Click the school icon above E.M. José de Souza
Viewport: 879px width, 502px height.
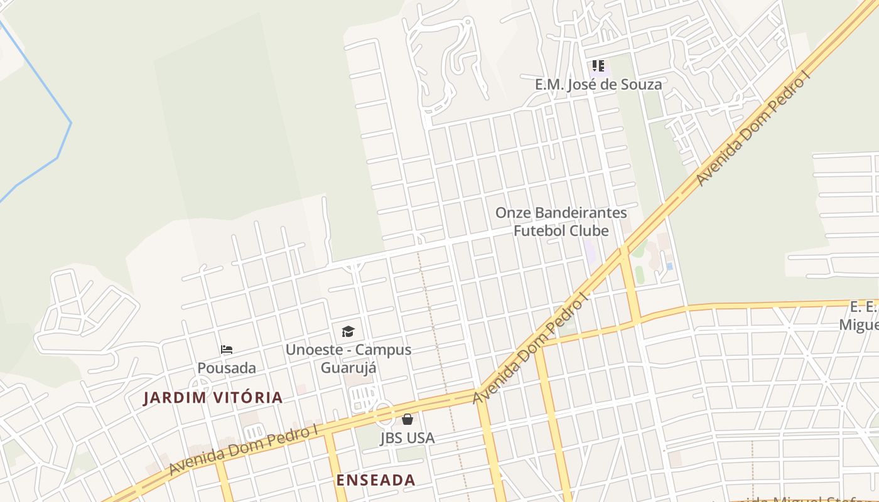pos(598,66)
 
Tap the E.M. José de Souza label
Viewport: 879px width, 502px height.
pos(598,84)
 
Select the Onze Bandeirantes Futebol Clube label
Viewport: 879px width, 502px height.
pos(561,222)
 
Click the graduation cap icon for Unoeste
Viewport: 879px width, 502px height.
pos(348,331)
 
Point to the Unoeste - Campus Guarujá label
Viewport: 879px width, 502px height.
pos(348,358)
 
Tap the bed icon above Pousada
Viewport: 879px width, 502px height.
pos(227,350)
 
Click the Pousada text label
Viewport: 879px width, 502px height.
pos(227,368)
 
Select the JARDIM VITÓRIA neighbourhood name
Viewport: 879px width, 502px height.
pos(213,397)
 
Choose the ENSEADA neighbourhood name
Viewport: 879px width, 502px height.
pos(375,480)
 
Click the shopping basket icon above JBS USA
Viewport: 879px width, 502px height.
pos(407,419)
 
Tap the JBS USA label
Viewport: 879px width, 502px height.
pos(407,437)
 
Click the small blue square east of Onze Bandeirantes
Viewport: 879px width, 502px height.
pos(669,266)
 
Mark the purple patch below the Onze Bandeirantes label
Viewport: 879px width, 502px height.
pos(590,251)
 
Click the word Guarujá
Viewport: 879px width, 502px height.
pos(348,368)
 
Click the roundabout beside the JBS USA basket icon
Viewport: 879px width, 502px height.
pos(383,415)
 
